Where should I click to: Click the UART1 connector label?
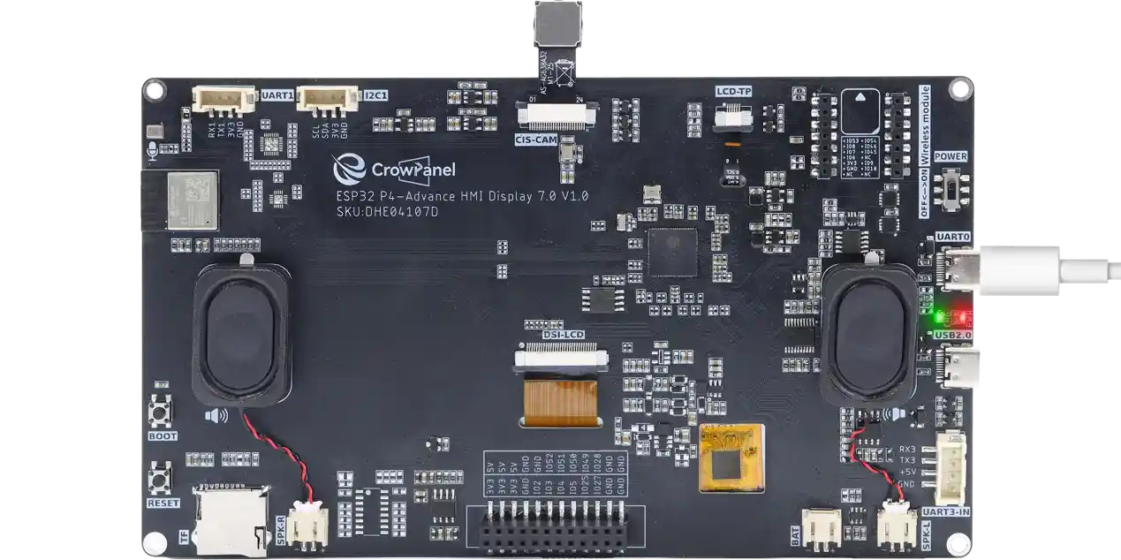(278, 95)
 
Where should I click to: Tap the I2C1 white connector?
(327, 98)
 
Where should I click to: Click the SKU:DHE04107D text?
(387, 212)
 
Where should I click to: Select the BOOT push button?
(162, 412)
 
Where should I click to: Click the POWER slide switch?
(953, 191)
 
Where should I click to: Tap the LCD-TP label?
(732, 90)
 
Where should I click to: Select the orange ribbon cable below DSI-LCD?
(559, 399)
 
